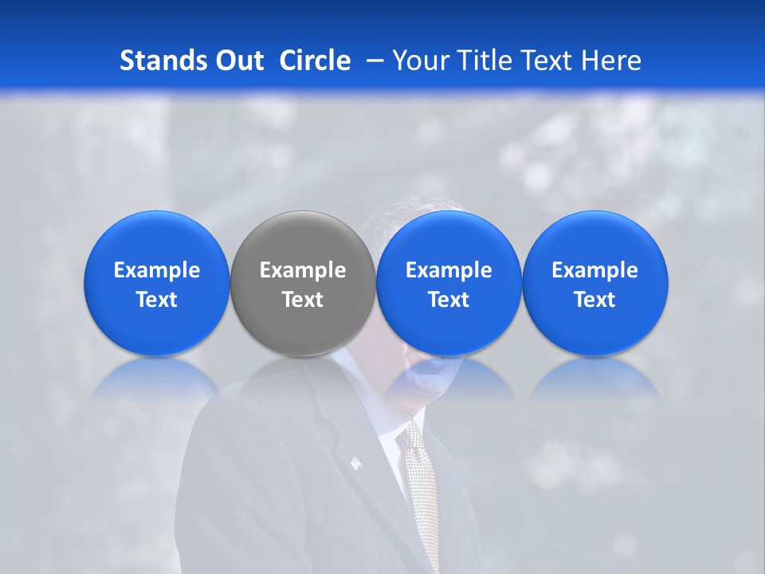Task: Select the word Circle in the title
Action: pos(315,61)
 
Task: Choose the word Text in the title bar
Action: pos(543,61)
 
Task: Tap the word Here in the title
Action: pos(611,61)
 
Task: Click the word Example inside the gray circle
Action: pos(303,270)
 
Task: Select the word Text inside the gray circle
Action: pos(303,300)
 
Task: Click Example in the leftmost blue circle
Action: pos(157,270)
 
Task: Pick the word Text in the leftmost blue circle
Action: pos(157,300)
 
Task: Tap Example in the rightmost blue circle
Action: pos(594,270)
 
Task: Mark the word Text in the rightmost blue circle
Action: pos(594,300)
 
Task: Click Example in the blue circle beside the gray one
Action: pos(449,270)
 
